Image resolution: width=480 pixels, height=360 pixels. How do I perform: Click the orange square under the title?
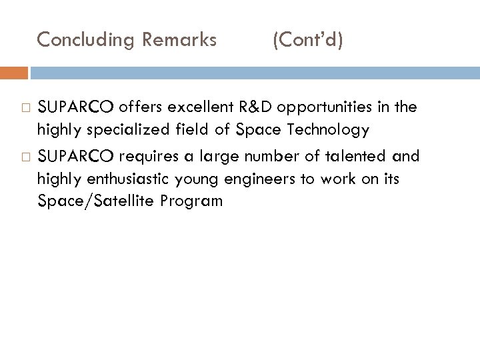tap(14, 72)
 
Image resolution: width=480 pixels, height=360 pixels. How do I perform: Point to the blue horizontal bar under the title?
tap(253, 72)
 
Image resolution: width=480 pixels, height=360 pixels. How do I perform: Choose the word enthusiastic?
tap(122, 179)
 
